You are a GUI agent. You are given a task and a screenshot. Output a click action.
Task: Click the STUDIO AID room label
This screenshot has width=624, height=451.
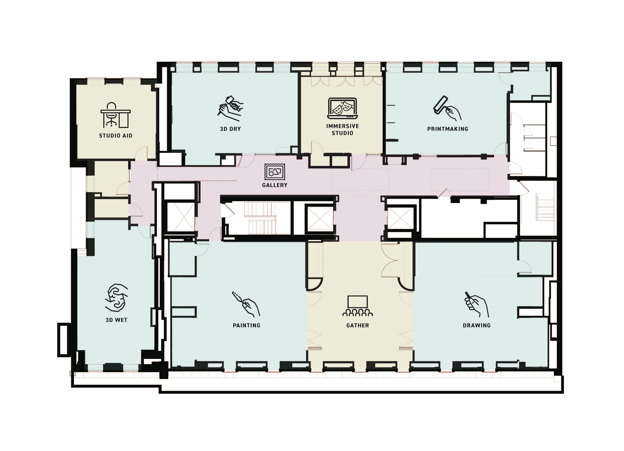click(x=116, y=135)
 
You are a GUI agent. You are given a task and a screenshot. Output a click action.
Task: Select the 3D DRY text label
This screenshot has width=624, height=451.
click(x=230, y=129)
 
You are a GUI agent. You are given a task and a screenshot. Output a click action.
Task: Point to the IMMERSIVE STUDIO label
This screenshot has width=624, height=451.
click(x=343, y=129)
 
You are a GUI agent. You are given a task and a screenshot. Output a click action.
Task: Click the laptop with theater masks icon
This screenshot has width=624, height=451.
click(x=343, y=108)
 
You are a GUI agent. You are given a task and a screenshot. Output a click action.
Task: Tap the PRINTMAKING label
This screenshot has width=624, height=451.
click(x=448, y=129)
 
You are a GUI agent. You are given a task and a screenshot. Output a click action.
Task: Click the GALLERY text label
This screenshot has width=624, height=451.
click(x=275, y=185)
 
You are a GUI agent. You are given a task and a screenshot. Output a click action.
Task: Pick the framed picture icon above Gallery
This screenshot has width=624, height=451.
click(x=275, y=172)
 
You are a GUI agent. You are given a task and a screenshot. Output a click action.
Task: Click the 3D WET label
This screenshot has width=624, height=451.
click(x=116, y=320)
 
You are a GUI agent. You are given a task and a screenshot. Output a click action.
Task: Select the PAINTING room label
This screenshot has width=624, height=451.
click(x=247, y=325)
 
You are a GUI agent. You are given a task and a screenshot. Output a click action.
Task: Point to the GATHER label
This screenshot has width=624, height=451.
click(x=358, y=325)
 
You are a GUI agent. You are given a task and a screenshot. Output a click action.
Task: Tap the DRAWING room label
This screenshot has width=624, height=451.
click(x=476, y=325)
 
